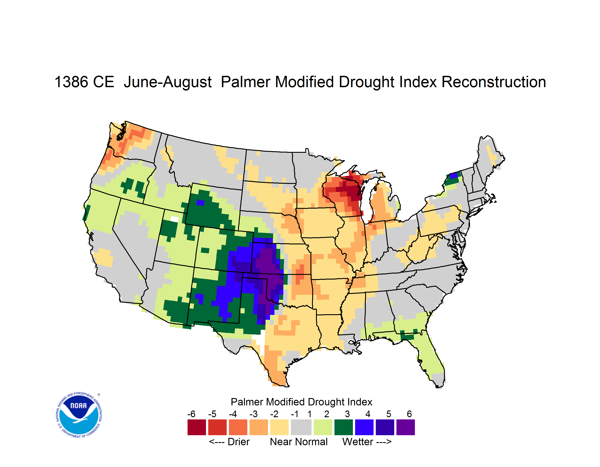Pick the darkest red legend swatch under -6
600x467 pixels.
coord(197,427)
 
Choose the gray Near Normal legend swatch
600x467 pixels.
coord(301,427)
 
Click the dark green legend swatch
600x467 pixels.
coord(343,427)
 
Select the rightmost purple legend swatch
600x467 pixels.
coord(406,427)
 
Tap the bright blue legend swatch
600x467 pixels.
coord(364,427)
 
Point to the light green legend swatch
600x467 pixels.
coord(323,427)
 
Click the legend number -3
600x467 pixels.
coord(254,414)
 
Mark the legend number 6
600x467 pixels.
coord(409,414)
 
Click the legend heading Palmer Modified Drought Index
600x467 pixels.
coord(301,402)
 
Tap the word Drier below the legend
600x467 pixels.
coord(238,442)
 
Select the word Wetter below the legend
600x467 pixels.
coord(357,442)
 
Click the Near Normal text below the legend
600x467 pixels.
coord(299,442)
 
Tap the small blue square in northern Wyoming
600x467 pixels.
coord(200,203)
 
